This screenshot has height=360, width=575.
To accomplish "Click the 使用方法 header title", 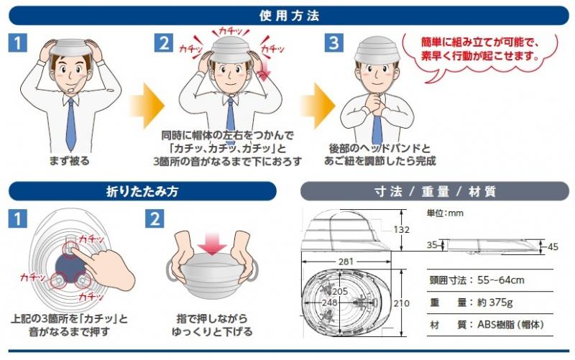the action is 290,15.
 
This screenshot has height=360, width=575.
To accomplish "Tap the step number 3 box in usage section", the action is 333,42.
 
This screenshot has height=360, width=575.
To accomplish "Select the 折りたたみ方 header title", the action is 142,191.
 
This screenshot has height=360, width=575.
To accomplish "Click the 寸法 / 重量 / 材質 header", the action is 435,191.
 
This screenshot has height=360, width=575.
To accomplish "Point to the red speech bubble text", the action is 480,49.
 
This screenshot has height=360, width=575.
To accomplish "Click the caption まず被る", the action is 69,160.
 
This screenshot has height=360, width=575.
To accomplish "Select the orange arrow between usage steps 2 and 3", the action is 318,106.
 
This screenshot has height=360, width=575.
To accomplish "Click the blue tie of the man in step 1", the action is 70,124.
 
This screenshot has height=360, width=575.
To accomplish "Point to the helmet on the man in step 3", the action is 376,50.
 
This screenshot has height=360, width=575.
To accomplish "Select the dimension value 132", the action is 401,229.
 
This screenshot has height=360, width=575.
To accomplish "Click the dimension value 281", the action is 346,262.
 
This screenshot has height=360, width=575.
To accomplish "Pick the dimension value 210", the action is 401,303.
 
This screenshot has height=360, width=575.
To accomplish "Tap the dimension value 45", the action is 553,246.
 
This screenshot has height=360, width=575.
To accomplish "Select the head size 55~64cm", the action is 501,280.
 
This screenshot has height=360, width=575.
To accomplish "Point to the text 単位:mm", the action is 445,213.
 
